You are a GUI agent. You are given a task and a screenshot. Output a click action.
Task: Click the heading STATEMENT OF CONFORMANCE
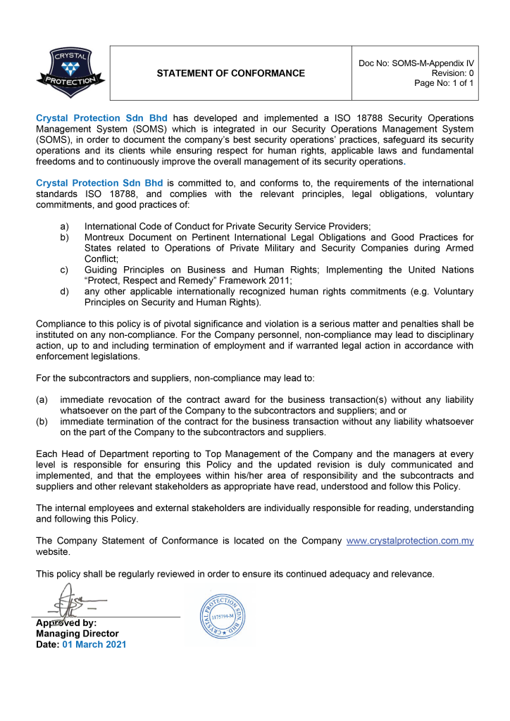coord(231,73)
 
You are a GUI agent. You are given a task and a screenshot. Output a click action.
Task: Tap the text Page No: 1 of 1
coord(444,83)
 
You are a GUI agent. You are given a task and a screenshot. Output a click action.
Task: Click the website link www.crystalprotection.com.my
coord(410,541)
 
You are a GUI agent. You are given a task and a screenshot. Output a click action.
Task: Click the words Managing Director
coord(77,634)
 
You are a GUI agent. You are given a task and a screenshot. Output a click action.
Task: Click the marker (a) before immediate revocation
coord(42,400)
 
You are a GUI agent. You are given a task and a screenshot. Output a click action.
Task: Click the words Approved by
coord(66,623)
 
